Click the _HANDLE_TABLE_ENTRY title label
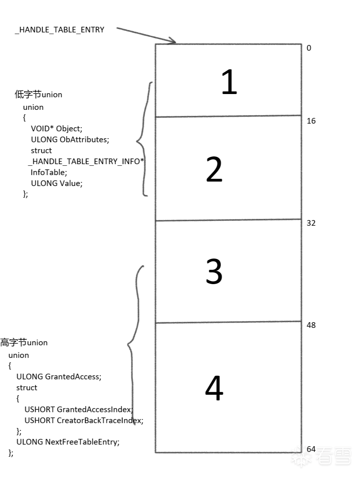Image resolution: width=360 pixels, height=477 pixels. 60,30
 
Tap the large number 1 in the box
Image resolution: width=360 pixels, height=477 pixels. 229,82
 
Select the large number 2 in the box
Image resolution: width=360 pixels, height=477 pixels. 214,170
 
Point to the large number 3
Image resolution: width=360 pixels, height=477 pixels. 214,272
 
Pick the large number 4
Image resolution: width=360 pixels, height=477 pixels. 214,389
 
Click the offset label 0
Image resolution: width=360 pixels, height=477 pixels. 309,48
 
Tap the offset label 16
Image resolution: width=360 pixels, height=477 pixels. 311,121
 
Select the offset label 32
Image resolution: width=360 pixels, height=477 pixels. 311,223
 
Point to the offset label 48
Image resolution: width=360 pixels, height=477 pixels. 311,325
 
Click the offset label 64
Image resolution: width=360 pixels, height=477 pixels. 311,449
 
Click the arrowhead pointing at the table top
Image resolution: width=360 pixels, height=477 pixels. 173,41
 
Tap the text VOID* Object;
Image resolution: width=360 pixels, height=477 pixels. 56,129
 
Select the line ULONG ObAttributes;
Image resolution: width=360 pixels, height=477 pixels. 70,140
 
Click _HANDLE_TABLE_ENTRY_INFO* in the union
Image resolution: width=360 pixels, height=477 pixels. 86,162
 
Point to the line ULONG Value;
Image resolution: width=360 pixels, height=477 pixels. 56,183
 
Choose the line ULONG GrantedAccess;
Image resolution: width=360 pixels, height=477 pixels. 59,376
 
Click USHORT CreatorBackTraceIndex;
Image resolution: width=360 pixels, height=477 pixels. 84,420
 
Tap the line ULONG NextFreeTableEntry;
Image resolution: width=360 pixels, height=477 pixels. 68,442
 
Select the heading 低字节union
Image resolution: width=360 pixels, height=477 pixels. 39,95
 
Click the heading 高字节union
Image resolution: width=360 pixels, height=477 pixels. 24,343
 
